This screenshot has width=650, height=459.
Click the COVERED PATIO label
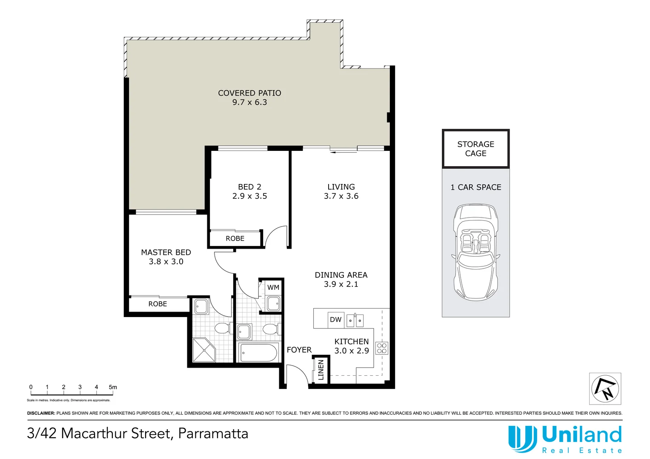click(249, 93)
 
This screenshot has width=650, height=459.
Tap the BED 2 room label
click(249, 187)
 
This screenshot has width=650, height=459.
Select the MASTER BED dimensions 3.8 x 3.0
click(166, 262)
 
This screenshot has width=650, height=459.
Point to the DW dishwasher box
click(336, 320)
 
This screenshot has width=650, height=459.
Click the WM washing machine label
click(273, 288)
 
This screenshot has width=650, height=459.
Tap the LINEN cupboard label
click(321, 369)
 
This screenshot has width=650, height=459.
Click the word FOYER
click(299, 350)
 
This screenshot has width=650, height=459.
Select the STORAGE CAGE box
click(475, 149)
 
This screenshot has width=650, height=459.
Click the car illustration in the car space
click(475, 252)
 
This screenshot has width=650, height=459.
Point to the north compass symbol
click(605, 388)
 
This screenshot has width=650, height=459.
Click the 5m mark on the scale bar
click(113, 387)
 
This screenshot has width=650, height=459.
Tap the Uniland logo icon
click(522, 439)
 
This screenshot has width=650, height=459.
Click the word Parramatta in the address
click(213, 433)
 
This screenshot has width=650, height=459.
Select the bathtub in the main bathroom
click(259, 352)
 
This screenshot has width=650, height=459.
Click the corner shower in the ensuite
click(204, 350)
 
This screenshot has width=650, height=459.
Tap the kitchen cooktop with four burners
click(382, 348)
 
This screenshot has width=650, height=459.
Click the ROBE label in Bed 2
click(235, 239)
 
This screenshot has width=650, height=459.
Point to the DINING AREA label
click(341, 275)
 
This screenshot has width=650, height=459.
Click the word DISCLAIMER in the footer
click(41, 413)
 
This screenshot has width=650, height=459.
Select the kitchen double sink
click(355, 320)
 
